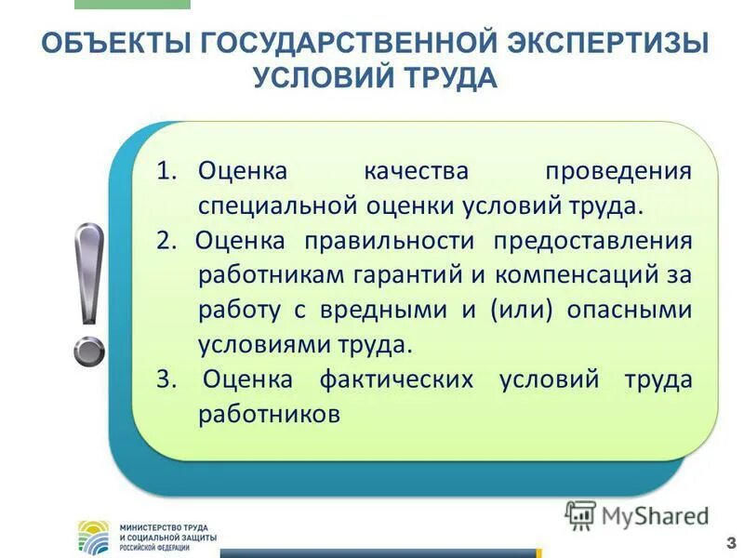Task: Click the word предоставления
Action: tap(592, 241)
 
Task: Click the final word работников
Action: tap(269, 414)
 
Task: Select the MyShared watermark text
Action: tap(651, 514)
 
